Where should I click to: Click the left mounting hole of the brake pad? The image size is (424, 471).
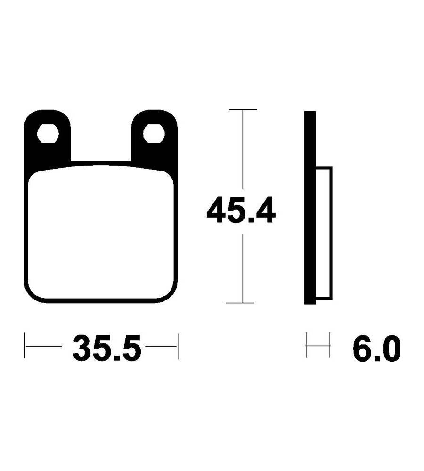click(x=48, y=134)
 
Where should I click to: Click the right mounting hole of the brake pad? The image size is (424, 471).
click(x=154, y=134)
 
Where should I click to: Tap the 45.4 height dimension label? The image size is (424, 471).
click(x=241, y=210)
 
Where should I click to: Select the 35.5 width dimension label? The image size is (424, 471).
click(x=106, y=348)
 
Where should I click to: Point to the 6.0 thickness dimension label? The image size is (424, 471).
click(x=376, y=349)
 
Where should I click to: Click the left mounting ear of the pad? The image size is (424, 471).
click(x=47, y=137)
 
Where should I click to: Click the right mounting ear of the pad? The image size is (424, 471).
click(x=154, y=137)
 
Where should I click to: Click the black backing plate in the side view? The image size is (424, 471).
click(x=310, y=208)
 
